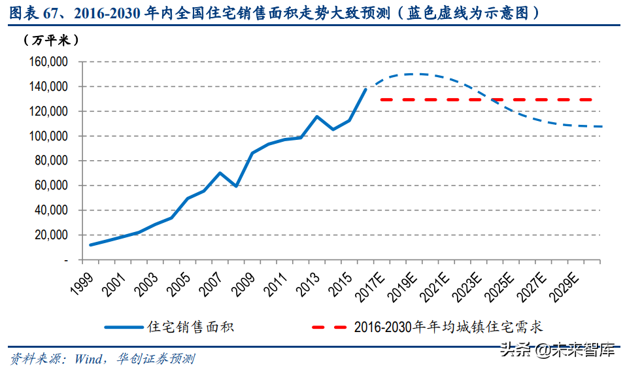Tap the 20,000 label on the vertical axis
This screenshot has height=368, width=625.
[50, 235]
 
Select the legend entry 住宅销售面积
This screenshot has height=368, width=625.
[191, 327]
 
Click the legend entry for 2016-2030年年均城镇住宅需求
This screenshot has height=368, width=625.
[448, 327]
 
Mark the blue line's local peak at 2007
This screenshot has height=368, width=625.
[220, 173]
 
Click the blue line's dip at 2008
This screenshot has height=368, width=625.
[236, 186]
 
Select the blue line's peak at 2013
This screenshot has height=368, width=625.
[316, 117]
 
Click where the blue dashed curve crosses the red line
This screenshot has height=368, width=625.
[491, 99]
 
